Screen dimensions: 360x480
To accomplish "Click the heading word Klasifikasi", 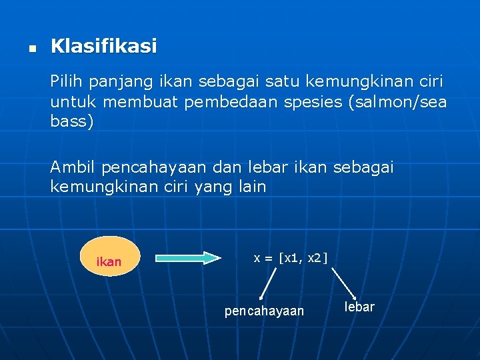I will (x=103, y=47).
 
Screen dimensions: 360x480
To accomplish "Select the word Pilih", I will (x=67, y=82).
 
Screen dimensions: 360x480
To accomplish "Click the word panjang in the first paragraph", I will (x=121, y=82).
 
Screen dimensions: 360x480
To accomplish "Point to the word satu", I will (x=283, y=82).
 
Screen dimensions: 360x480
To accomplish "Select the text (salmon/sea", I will (x=406, y=103).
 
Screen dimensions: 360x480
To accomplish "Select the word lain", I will (x=251, y=187).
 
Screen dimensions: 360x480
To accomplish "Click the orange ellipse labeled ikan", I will (x=109, y=257).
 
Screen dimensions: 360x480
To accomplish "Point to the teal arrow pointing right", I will (x=189, y=258).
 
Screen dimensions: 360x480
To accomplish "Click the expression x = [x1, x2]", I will (x=290, y=257).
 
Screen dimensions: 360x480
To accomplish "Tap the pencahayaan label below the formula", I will (x=264, y=311).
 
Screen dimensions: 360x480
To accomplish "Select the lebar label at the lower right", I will (x=359, y=307).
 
